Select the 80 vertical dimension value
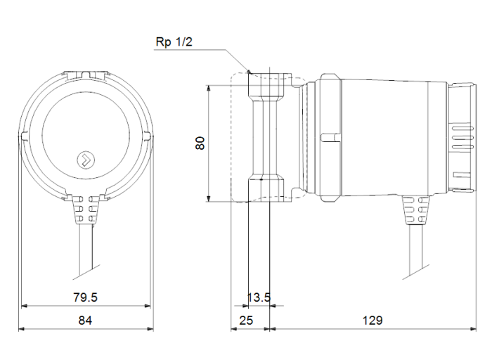[200, 143]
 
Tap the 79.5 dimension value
[85, 297]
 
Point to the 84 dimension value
[85, 320]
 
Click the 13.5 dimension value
[259, 297]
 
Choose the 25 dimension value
[246, 320]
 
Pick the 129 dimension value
[373, 320]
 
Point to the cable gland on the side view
[414, 210]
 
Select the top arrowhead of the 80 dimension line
[209, 88]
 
